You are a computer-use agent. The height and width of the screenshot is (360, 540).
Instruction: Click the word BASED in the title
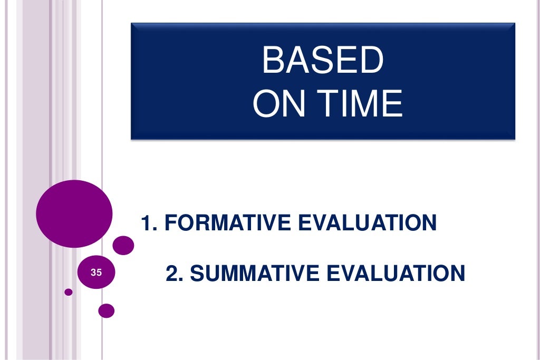coord(322,60)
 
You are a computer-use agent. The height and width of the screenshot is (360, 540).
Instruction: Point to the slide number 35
coord(96,273)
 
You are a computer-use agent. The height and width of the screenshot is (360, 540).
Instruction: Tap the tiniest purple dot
coord(68,291)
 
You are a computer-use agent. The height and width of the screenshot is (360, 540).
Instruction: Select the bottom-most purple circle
coord(106,311)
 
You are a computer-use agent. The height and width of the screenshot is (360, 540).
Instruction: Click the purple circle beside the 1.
coord(123,245)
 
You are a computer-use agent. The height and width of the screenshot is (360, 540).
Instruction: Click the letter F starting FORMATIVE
coord(170,223)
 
